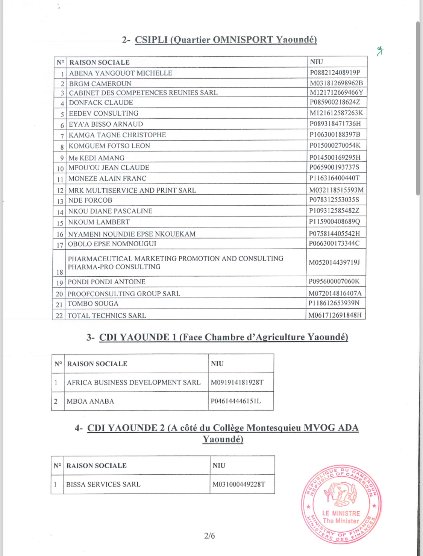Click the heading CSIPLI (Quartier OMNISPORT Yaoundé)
(x=226, y=40)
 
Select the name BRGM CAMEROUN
(x=100, y=83)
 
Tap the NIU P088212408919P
(x=335, y=73)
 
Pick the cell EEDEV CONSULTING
(x=103, y=113)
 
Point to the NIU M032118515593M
(x=336, y=190)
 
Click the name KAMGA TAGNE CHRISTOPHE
(x=117, y=135)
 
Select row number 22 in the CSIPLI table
(x=59, y=316)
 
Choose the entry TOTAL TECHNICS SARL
(x=107, y=316)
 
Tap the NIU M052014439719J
(x=334, y=262)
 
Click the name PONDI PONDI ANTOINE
(x=106, y=282)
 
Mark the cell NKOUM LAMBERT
(x=99, y=222)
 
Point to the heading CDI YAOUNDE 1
(x=223, y=337)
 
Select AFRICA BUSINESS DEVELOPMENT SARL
(x=134, y=382)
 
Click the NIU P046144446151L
(x=236, y=401)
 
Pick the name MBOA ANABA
(x=90, y=401)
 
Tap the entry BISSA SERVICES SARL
(x=103, y=485)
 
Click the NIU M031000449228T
(x=239, y=485)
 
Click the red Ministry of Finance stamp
(x=341, y=504)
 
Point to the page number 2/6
(x=209, y=536)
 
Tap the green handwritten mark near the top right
(x=380, y=51)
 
